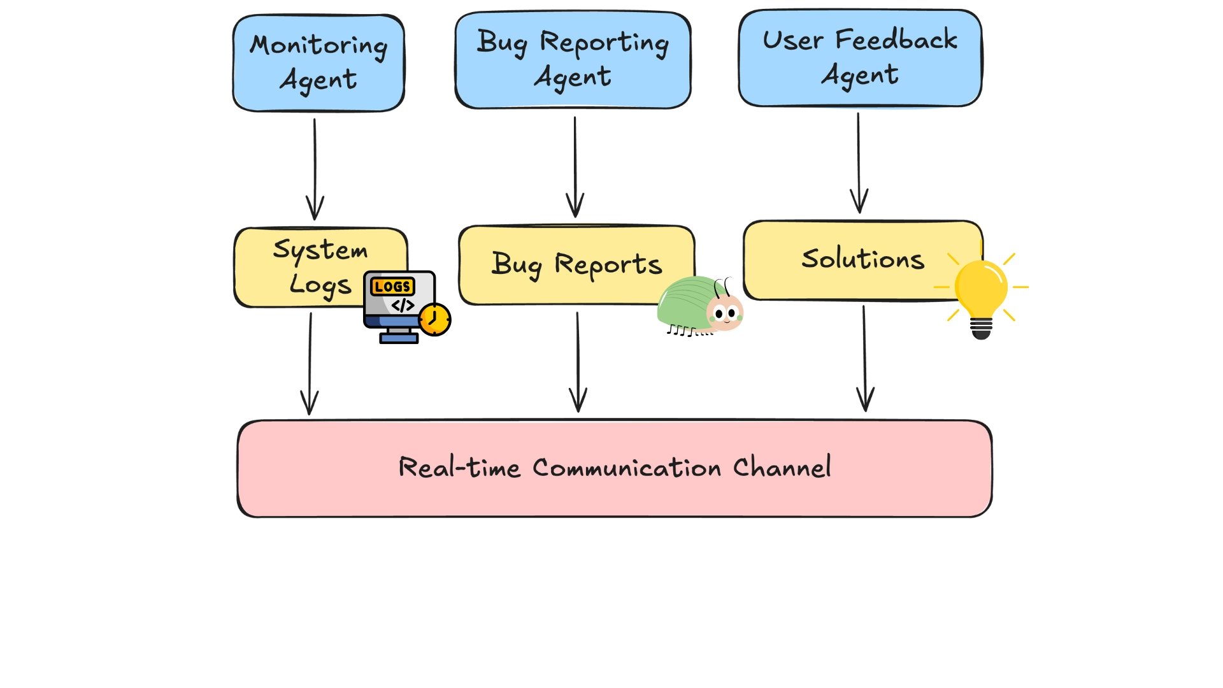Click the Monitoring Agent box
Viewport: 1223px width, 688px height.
pyautogui.click(x=318, y=63)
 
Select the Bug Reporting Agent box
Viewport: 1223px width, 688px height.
pyautogui.click(x=573, y=60)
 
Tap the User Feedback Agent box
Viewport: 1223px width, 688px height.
pyautogui.click(x=860, y=58)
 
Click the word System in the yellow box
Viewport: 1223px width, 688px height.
pyautogui.click(x=320, y=249)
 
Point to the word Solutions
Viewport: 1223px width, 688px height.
pyautogui.click(x=862, y=259)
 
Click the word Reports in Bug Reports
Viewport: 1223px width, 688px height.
pyautogui.click(x=608, y=264)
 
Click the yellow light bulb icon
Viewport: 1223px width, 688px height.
pyautogui.click(x=981, y=293)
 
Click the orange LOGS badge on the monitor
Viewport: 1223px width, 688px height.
pyautogui.click(x=392, y=287)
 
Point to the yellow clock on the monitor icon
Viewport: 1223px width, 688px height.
pyautogui.click(x=434, y=319)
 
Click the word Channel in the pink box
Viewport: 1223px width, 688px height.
pyautogui.click(x=782, y=467)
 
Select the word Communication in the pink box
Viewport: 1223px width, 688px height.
pyautogui.click(x=627, y=468)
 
